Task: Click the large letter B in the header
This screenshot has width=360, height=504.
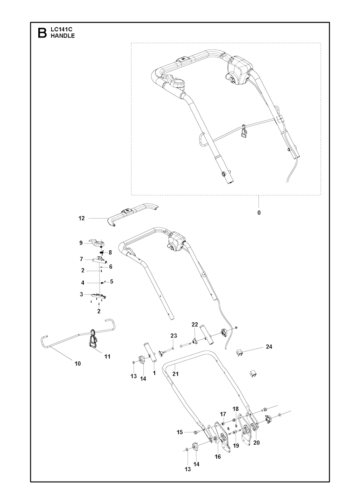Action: pos(42,33)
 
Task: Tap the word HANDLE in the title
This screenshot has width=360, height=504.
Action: pos(63,36)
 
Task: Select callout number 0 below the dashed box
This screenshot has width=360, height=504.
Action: pos(259,212)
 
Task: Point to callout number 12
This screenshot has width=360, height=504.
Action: pos(82,218)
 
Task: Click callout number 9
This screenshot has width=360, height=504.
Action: pos(81,243)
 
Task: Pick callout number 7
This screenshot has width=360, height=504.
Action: pos(81,259)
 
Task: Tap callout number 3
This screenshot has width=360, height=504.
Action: pos(81,294)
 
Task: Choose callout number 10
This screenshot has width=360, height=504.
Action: pos(78,364)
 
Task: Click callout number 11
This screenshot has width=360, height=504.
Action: pos(108,356)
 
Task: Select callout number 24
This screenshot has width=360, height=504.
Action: pos(269,347)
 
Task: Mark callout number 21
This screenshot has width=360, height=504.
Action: pos(175,374)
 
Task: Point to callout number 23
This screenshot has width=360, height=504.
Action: pos(174,336)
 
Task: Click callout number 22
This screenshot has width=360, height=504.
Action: pos(195,325)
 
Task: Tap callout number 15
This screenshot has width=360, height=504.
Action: pos(180,432)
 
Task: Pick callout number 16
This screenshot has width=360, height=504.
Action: pos(218,457)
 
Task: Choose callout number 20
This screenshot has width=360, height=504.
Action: pos(257,443)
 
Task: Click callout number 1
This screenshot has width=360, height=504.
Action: pos(154,373)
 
